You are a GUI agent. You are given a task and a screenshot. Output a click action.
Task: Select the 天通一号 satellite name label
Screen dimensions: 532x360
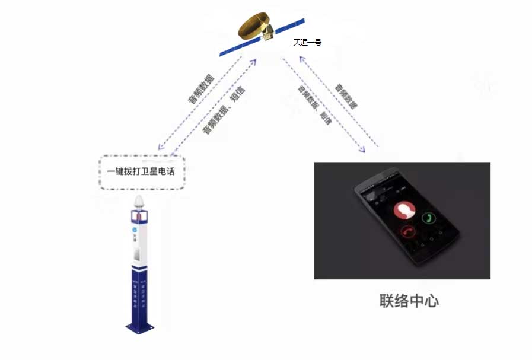click(307, 43)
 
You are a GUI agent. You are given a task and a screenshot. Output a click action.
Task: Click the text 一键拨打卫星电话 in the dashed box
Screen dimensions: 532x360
click(142, 172)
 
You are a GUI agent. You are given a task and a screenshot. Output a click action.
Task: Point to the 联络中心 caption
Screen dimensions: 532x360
click(409, 300)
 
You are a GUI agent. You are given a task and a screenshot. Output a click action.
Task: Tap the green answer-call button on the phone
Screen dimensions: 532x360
click(428, 218)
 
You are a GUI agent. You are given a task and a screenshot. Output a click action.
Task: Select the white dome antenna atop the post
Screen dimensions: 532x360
click(139, 202)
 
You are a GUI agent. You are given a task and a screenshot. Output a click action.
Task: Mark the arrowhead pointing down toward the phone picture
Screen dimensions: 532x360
click(363, 151)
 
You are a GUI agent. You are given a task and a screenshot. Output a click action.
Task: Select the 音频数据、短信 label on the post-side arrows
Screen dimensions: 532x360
click(224, 111)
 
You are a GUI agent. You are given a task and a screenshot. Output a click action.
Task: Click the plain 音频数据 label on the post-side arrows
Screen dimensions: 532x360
click(202, 89)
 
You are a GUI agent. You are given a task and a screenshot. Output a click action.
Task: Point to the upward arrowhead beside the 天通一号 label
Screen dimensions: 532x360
click(302, 58)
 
